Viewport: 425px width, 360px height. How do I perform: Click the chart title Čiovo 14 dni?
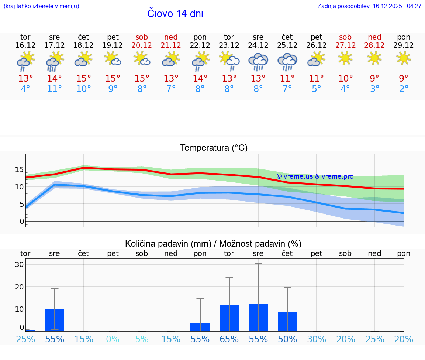(175, 14)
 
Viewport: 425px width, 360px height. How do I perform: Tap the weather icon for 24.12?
(258, 61)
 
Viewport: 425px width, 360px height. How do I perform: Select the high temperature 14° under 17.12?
(54, 78)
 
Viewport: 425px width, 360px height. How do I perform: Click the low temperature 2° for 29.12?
(404, 89)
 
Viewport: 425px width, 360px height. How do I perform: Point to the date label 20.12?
(142, 45)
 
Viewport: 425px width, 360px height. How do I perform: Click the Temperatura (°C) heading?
(214, 148)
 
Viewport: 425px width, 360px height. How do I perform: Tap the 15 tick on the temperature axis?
(19, 170)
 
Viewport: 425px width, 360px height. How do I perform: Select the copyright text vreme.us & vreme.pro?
(315, 176)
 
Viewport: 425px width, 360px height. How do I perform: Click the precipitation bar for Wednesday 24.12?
(258, 317)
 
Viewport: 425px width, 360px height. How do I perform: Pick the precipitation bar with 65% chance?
(229, 318)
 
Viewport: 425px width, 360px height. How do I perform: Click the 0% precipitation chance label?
(113, 339)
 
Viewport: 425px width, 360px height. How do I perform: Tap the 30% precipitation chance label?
(317, 339)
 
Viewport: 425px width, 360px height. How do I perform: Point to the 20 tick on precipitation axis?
(19, 287)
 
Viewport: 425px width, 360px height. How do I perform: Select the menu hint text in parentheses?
(41, 6)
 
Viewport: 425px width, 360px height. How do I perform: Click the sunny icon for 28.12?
(374, 58)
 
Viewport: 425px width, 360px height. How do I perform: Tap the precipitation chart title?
(213, 244)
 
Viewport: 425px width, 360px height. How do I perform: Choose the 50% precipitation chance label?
(287, 339)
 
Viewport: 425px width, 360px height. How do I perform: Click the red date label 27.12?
(345, 45)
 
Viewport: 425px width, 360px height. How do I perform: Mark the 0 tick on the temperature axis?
(22, 221)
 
